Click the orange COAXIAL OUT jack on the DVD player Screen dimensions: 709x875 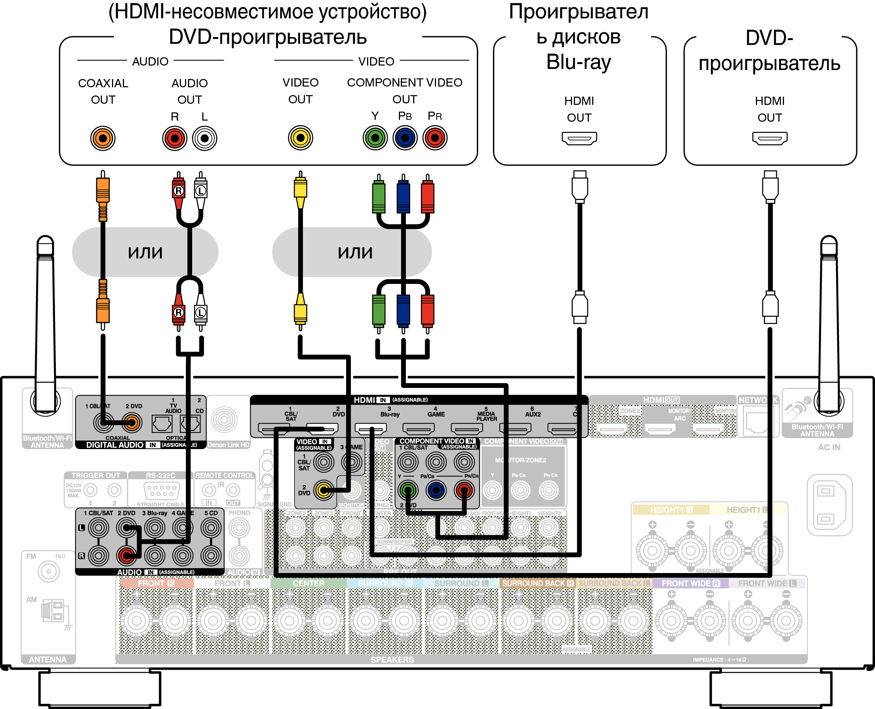[103, 138]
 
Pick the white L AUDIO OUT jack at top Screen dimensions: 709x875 [205, 138]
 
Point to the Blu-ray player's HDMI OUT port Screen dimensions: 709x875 [579, 138]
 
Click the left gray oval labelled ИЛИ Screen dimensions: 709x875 [145, 252]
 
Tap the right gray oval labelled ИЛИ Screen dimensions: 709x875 [352, 252]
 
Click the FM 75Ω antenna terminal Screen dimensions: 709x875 [49, 572]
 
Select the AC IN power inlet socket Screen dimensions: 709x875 [829, 505]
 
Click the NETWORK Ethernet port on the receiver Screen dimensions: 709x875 [757, 422]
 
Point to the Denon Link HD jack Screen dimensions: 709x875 [224, 419]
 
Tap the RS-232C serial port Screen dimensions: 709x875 [161, 491]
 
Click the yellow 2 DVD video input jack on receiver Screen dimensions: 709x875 [324, 490]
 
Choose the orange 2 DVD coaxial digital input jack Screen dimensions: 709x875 [131, 423]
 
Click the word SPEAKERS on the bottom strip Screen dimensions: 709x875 [392, 660]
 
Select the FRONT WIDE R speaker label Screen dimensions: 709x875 [690, 583]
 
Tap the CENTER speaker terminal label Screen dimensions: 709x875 [308, 583]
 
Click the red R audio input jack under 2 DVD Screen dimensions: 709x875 [127, 555]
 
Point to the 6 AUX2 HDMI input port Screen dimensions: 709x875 [515, 428]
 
